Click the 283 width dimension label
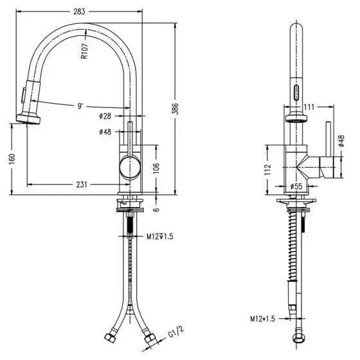click(x=79, y=12)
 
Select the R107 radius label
click(x=84, y=51)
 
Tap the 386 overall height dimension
click(x=175, y=109)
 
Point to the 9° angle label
click(x=80, y=106)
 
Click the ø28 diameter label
click(x=105, y=116)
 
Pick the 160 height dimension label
click(x=12, y=159)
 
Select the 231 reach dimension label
click(x=82, y=184)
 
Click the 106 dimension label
click(x=156, y=168)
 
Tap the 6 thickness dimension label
click(x=156, y=210)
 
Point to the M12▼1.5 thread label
click(x=160, y=237)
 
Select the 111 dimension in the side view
click(x=309, y=107)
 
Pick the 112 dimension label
click(x=267, y=170)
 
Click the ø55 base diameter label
click(x=296, y=186)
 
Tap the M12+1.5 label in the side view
click(x=262, y=319)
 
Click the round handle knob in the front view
click(x=130, y=167)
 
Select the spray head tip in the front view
click(x=28, y=120)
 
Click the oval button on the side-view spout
click(x=296, y=92)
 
